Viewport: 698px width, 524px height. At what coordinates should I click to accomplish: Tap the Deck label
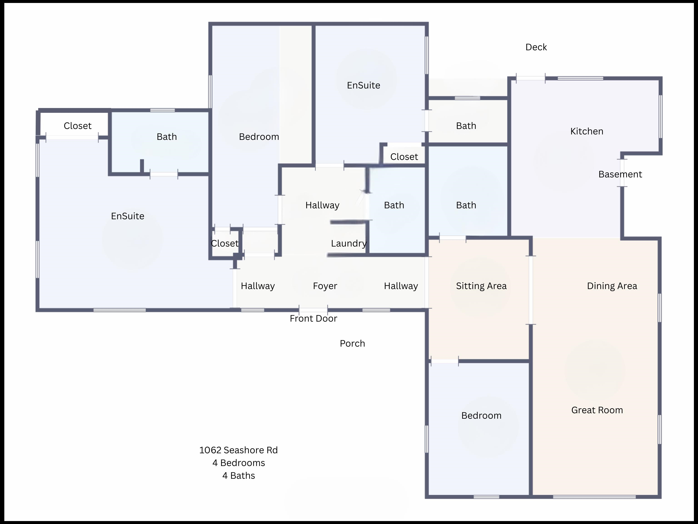[x=536, y=47]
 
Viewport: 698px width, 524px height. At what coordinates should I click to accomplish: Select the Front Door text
[x=313, y=318]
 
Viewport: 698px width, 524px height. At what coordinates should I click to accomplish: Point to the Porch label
[x=352, y=344]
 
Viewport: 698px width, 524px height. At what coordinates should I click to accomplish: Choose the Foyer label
[x=325, y=286]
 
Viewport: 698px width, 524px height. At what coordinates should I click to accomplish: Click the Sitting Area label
[x=481, y=286]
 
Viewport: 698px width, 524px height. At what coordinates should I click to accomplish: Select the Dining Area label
[x=612, y=286]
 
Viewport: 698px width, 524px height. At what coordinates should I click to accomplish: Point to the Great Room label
[x=597, y=410]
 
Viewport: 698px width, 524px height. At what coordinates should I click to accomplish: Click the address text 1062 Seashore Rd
[x=239, y=450]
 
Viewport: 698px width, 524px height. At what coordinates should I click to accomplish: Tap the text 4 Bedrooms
[x=239, y=463]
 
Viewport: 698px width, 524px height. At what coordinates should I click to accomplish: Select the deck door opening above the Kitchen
[x=531, y=78]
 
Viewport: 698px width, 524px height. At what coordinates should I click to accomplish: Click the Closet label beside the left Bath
[x=78, y=126]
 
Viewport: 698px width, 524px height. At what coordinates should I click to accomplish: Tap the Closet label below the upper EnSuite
[x=404, y=157]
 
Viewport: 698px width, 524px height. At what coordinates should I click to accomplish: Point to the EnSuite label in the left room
[x=127, y=216]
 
